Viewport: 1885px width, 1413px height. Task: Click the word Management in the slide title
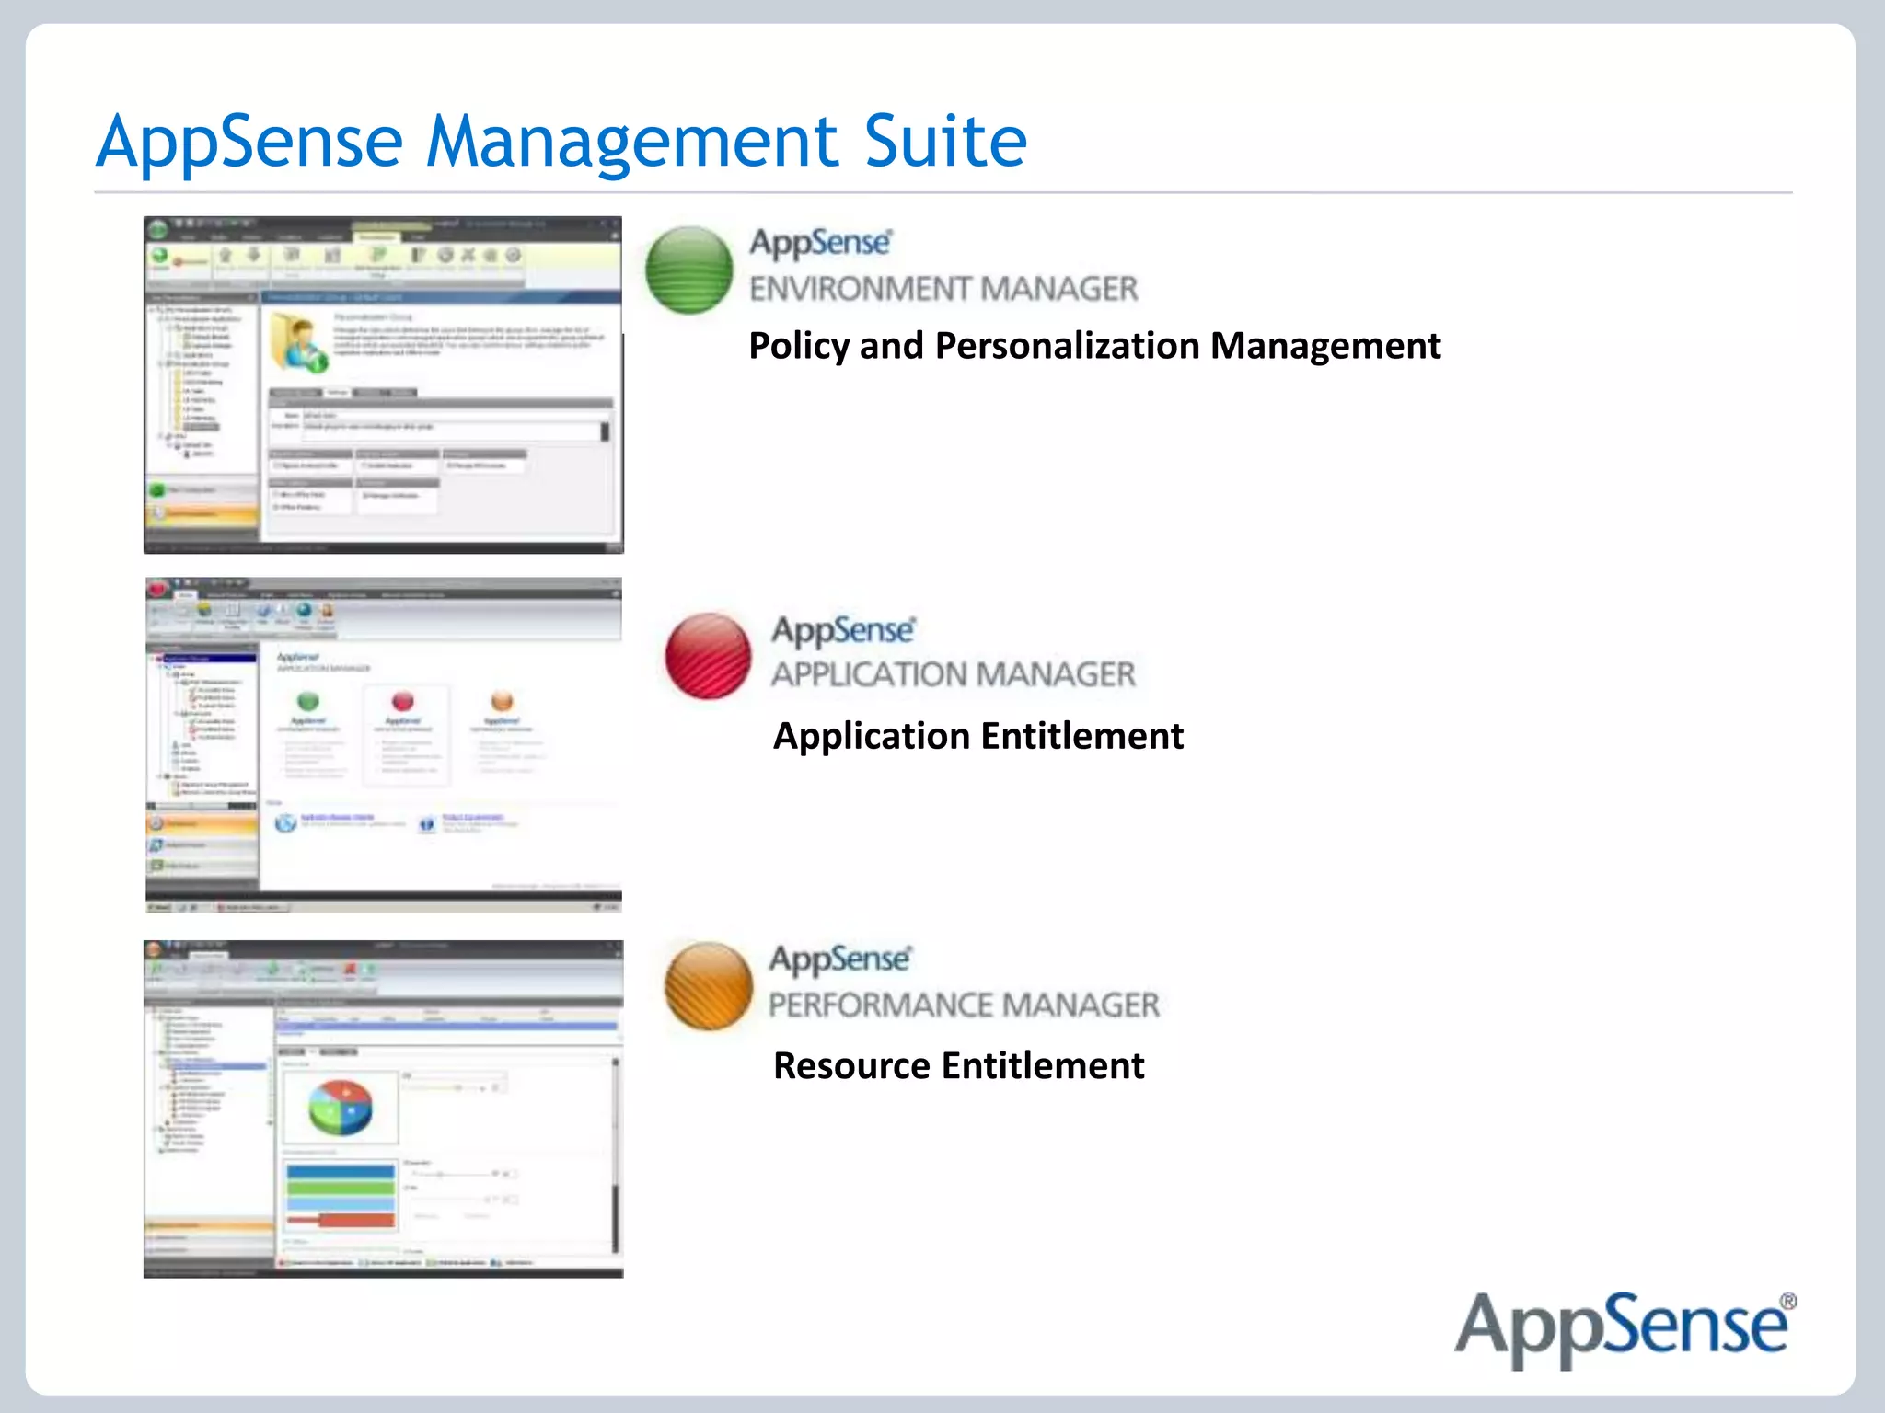pos(633,144)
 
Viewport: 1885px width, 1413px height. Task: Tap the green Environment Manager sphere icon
pos(689,270)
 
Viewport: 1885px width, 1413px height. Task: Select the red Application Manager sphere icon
pos(708,655)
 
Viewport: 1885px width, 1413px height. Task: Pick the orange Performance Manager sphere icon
pos(708,985)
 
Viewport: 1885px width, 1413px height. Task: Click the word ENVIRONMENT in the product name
pos(860,289)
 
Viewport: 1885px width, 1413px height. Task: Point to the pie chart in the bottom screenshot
pos(340,1107)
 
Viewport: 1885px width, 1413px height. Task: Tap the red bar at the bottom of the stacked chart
pos(341,1221)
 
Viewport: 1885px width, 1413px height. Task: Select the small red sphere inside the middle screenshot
pos(402,702)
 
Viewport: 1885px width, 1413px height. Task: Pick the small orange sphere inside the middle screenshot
pos(502,702)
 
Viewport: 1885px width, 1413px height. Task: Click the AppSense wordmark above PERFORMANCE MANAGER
pos(840,959)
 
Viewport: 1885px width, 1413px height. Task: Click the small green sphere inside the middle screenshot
pos(308,702)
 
